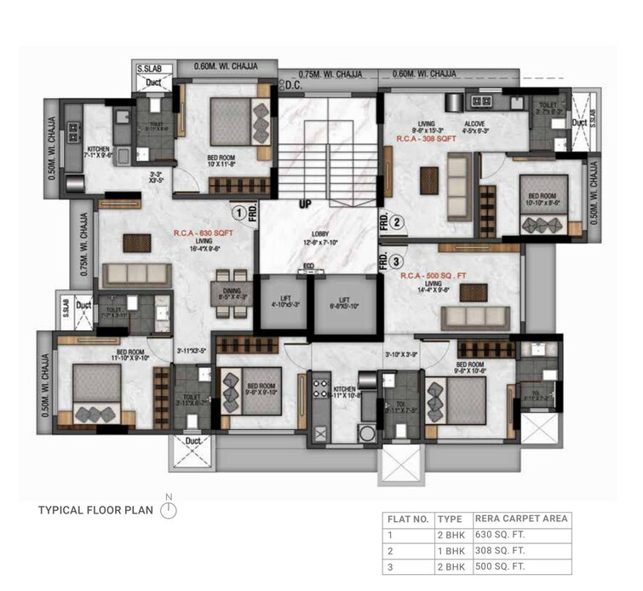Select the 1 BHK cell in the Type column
click(449, 550)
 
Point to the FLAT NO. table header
click(406, 519)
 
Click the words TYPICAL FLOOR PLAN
click(96, 511)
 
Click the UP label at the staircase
click(304, 205)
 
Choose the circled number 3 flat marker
click(397, 262)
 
